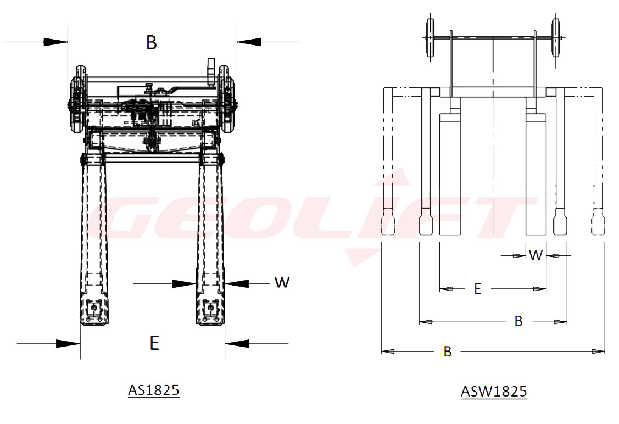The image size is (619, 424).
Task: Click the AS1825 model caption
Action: point(154,390)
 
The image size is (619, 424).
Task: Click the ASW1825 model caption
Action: point(494,392)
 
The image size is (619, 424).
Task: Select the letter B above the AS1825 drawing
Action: point(152,42)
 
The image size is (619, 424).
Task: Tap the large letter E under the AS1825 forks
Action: point(154,343)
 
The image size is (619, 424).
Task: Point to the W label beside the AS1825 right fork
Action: point(282,282)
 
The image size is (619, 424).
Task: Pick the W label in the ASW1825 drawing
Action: point(536,255)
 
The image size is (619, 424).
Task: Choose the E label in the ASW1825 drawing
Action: point(477,289)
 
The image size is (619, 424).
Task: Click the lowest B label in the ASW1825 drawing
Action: point(448,352)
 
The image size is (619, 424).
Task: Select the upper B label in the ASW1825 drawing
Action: point(518,321)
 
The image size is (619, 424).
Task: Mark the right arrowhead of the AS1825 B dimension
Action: point(249,42)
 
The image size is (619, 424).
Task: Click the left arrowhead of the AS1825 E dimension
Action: point(69,344)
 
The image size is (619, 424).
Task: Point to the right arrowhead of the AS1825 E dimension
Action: point(236,344)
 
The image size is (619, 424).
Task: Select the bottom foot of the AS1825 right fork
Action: point(211,313)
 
